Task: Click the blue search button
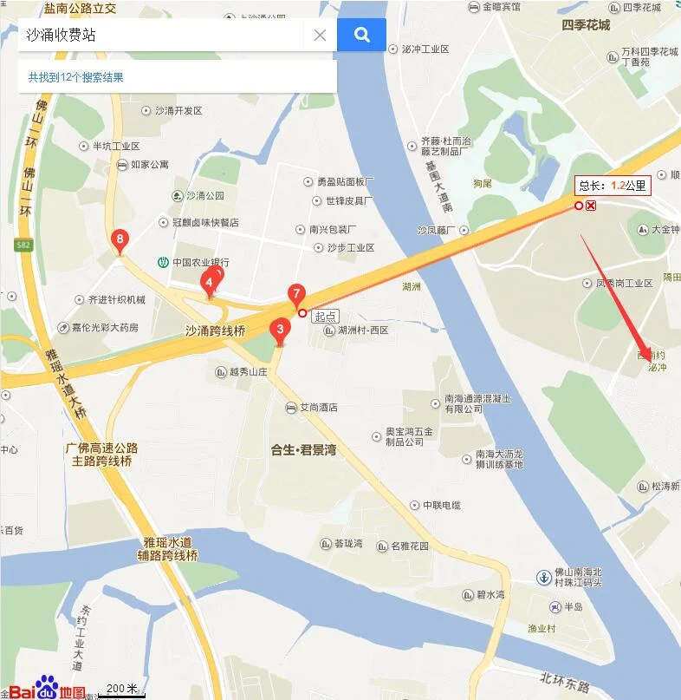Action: click(x=361, y=35)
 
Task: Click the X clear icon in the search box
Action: click(x=320, y=36)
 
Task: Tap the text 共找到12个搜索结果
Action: click(x=76, y=77)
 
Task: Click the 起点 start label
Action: click(x=326, y=316)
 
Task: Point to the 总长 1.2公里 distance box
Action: click(x=613, y=185)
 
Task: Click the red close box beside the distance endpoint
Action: click(x=591, y=206)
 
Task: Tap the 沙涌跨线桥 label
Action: click(x=216, y=330)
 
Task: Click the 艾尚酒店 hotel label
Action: click(x=318, y=407)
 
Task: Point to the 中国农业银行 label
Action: click(x=200, y=262)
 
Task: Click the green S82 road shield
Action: click(x=23, y=245)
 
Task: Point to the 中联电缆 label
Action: click(x=442, y=505)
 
